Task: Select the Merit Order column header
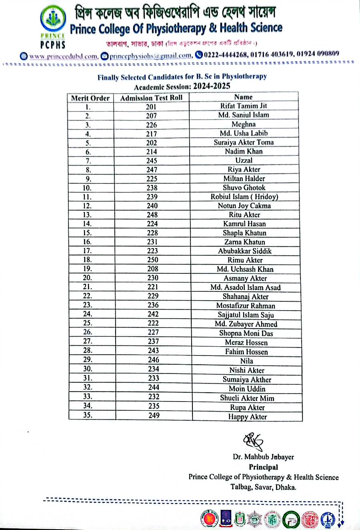coord(90,98)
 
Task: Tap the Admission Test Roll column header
coord(151,98)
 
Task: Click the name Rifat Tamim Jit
coord(244,106)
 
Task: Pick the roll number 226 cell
coord(151,125)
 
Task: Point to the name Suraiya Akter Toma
coord(244,142)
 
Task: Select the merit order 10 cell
coord(87,188)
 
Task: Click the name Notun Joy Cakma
coord(244,206)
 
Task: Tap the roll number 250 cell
coord(152,260)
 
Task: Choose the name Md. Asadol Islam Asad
coord(245,287)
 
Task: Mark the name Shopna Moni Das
coord(246,333)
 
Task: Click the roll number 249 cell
coord(154,416)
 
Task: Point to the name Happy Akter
coord(247,417)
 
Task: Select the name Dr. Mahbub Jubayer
coord(263,457)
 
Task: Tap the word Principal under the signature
coord(263,467)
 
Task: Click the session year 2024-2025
coord(212,86)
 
